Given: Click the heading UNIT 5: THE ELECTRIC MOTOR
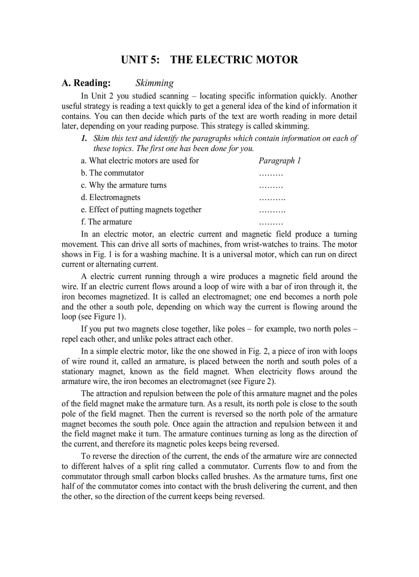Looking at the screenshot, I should coord(209,60).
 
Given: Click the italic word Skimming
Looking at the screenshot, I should coord(155,83).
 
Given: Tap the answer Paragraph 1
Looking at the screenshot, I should coord(279,161).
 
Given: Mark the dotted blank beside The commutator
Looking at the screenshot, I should coord(271,174).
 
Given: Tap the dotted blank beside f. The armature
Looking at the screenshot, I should coord(271,223).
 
